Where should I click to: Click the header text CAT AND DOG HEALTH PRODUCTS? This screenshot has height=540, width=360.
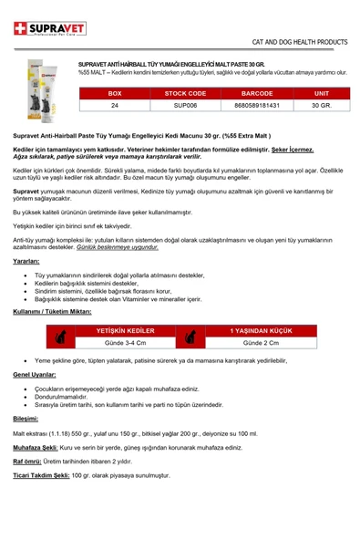(x=300, y=42)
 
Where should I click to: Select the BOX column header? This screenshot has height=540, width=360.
(x=114, y=93)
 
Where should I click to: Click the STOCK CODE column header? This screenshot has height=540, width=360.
(x=185, y=93)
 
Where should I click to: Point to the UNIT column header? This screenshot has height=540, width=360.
(x=321, y=93)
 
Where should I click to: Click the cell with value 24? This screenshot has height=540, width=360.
(x=114, y=106)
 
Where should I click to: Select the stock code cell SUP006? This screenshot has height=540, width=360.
(x=185, y=106)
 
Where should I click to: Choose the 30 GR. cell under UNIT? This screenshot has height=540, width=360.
(x=321, y=106)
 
